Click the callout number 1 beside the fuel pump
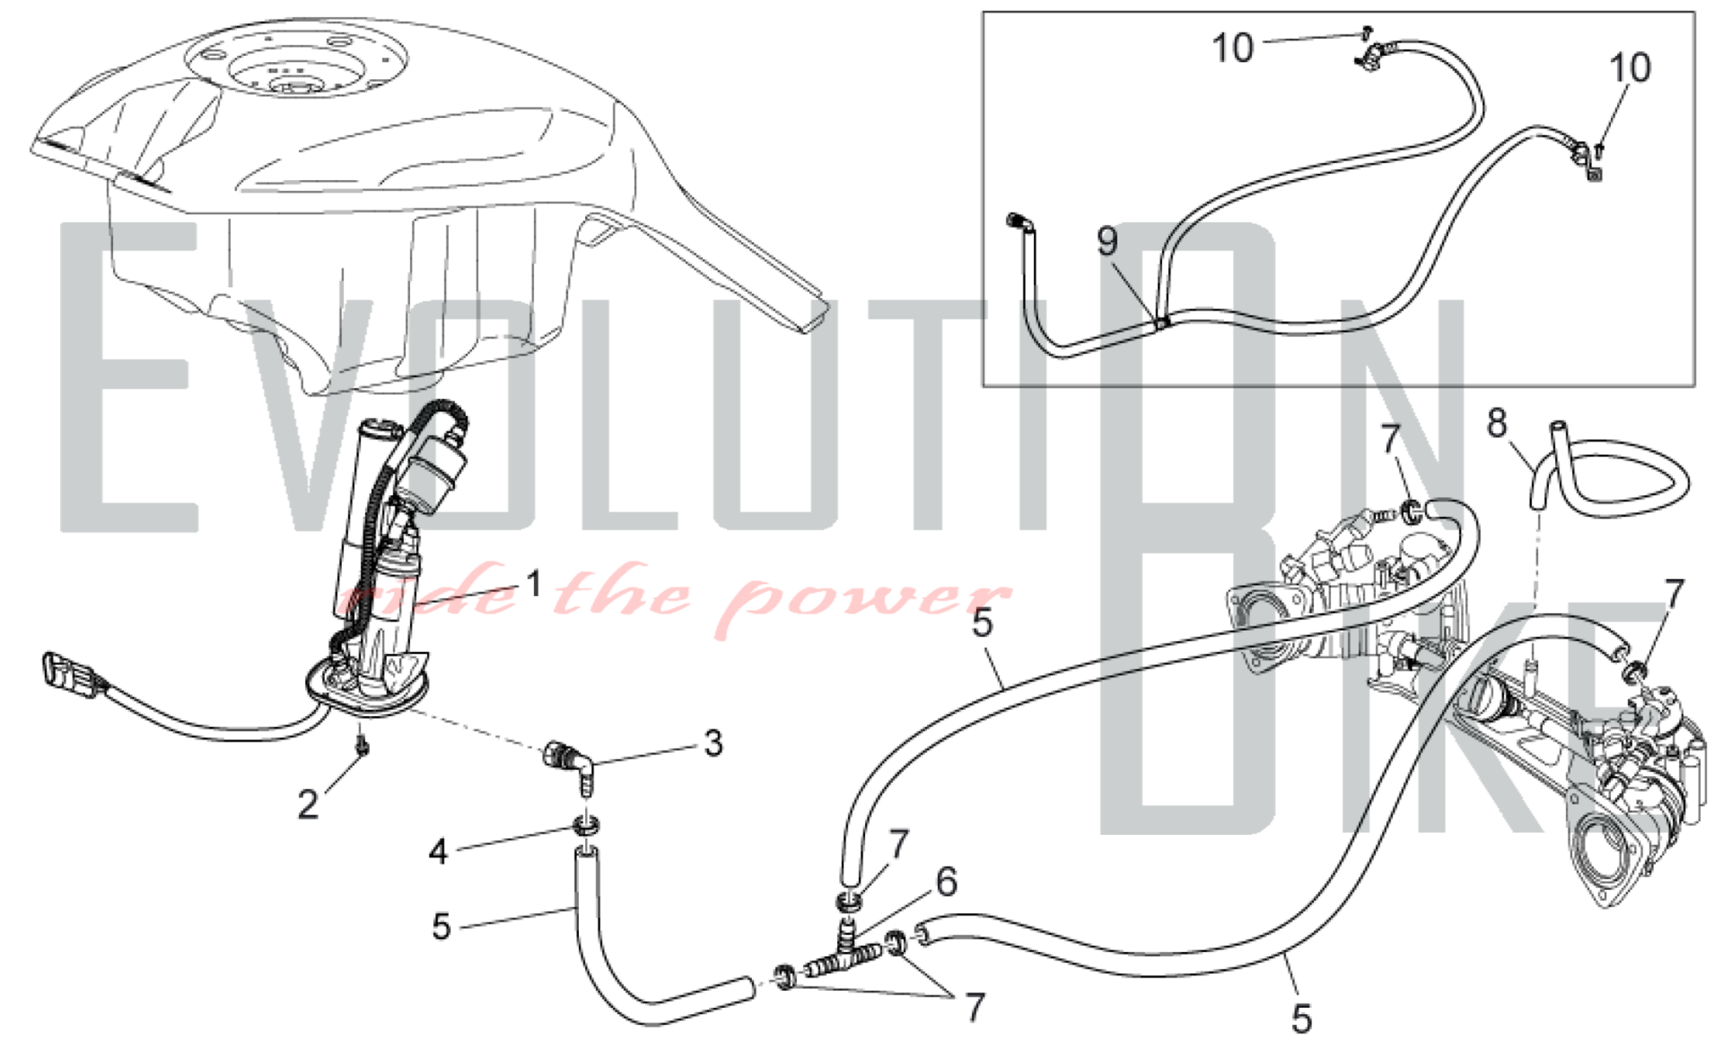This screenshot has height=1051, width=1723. [x=534, y=584]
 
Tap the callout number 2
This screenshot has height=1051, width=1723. [x=308, y=805]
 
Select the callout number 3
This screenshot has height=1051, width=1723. [x=713, y=743]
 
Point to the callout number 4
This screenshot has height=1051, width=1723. [x=439, y=852]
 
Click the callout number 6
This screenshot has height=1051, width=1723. [x=946, y=882]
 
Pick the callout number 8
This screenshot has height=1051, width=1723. [x=1497, y=423]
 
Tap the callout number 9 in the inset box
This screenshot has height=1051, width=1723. [x=1108, y=241]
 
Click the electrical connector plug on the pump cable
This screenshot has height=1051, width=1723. [x=73, y=673]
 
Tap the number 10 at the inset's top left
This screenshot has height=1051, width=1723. [x=1233, y=48]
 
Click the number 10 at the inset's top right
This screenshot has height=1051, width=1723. [x=1630, y=68]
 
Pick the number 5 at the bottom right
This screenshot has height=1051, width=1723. [x=1302, y=1019]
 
